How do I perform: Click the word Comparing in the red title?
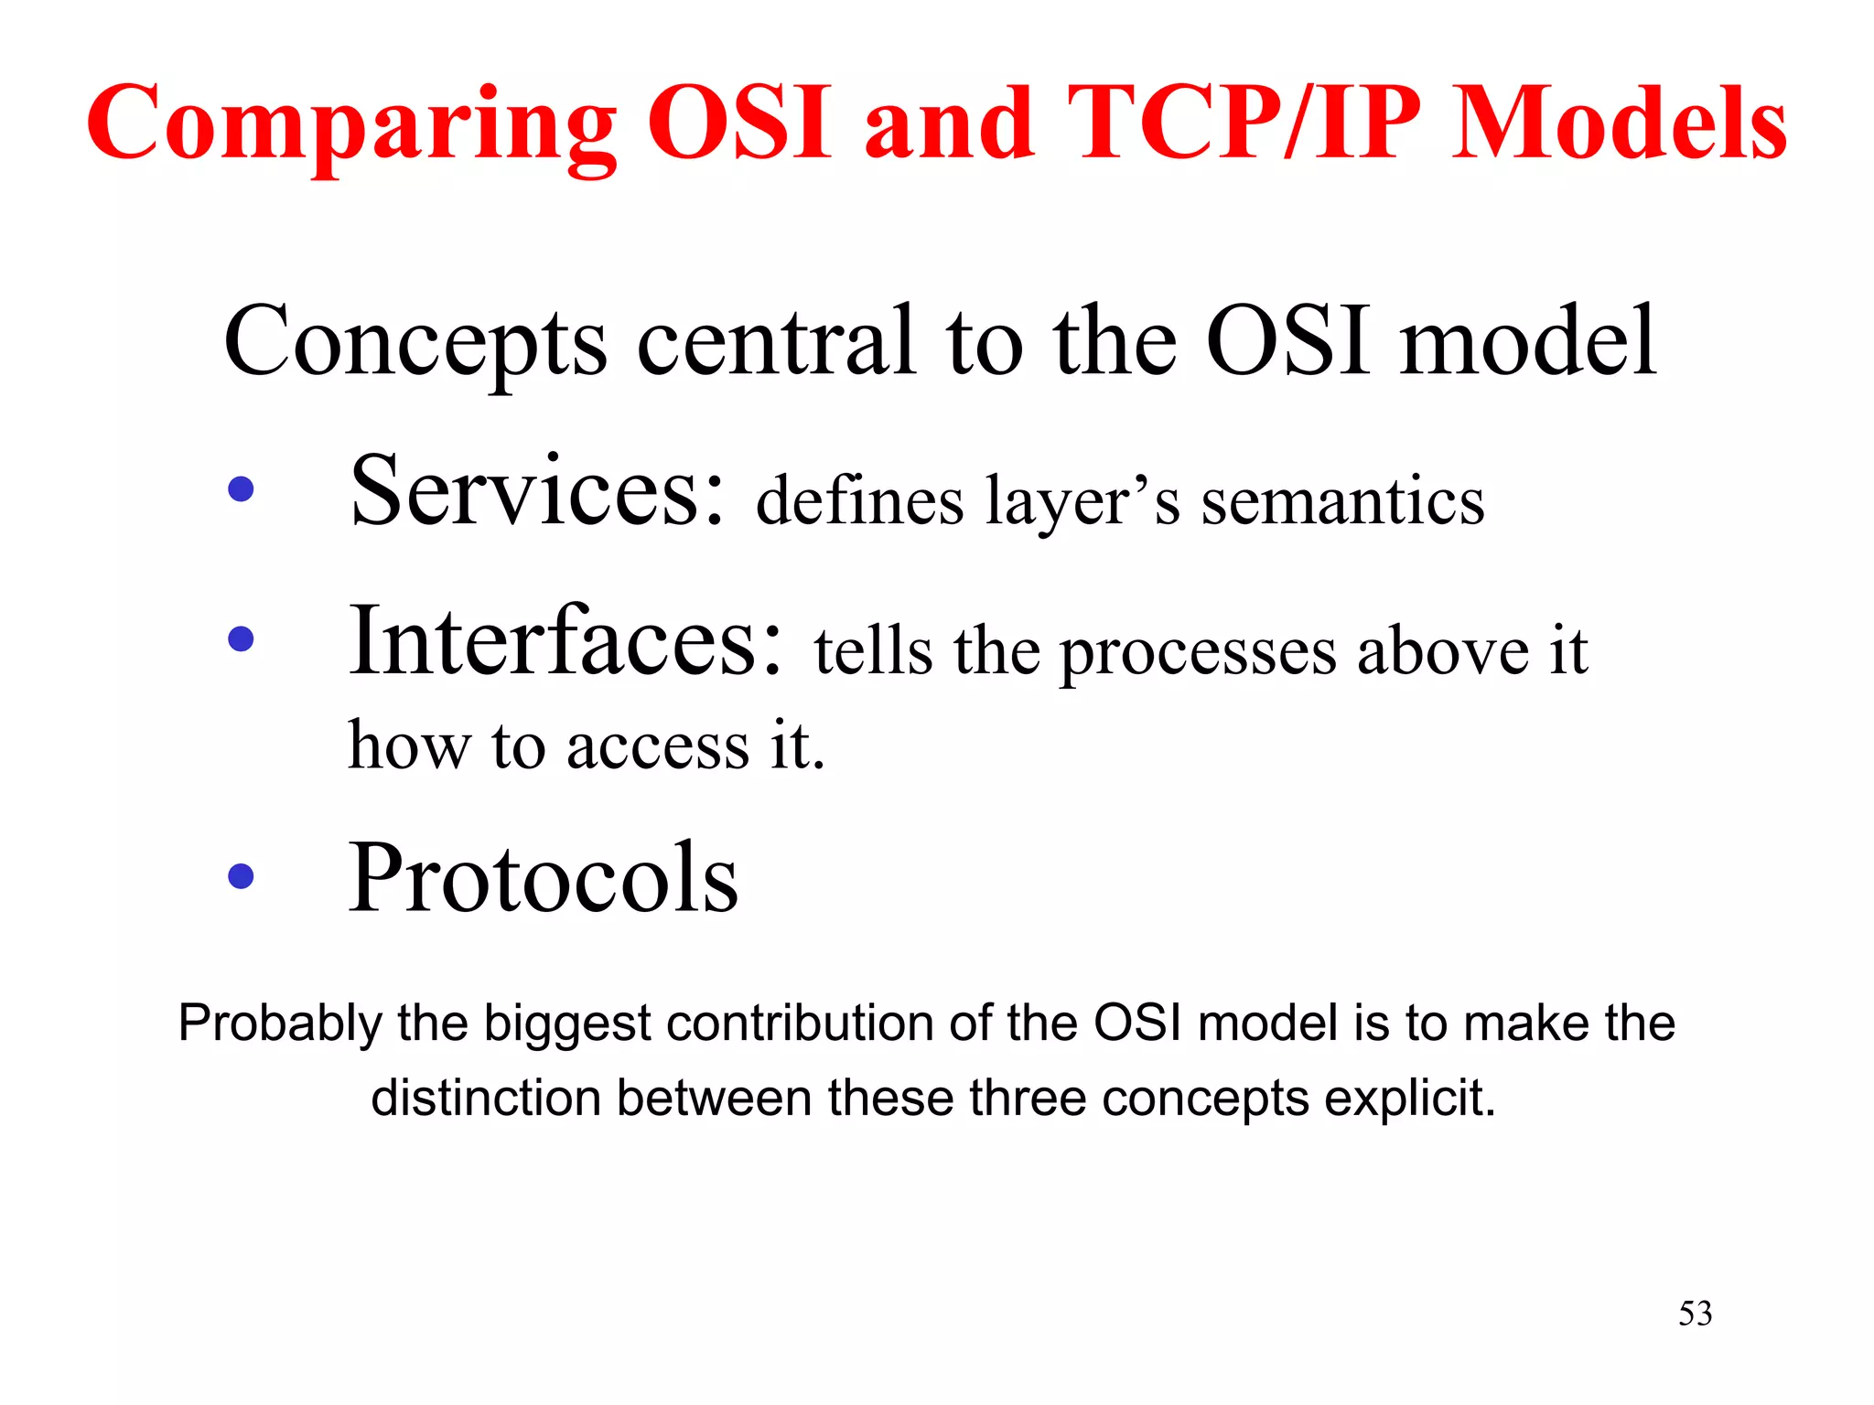click(x=352, y=126)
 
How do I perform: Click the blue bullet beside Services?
click(x=241, y=489)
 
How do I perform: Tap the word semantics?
click(x=1342, y=502)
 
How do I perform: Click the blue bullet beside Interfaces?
click(x=241, y=638)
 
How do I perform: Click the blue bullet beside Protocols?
click(x=241, y=876)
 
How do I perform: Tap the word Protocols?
click(x=544, y=878)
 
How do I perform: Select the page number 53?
click(x=1695, y=1314)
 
